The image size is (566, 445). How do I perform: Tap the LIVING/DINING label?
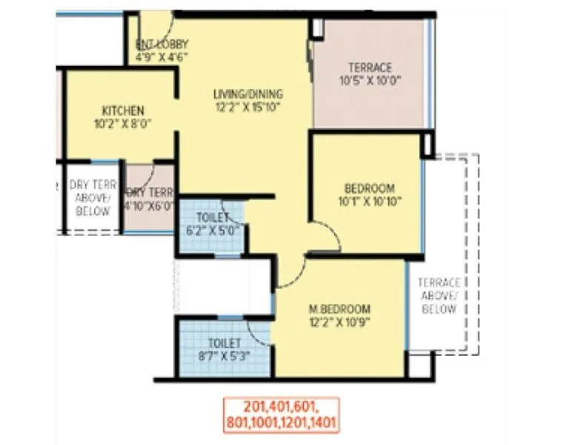coord(248,93)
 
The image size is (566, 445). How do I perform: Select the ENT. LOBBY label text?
coord(162,43)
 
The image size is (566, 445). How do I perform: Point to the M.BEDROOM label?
coord(340,309)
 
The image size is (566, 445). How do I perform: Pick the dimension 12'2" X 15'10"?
coord(248,107)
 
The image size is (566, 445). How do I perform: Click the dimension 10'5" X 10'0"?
coord(370,80)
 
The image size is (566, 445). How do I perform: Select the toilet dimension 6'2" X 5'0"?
coord(212,231)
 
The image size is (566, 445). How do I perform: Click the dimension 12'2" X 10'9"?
coord(340,322)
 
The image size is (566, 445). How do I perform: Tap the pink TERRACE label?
coord(370,67)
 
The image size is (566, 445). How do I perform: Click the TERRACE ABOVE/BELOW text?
coord(439,295)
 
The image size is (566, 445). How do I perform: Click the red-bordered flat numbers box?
coord(281,415)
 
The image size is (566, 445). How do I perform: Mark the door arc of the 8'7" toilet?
coord(259,332)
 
